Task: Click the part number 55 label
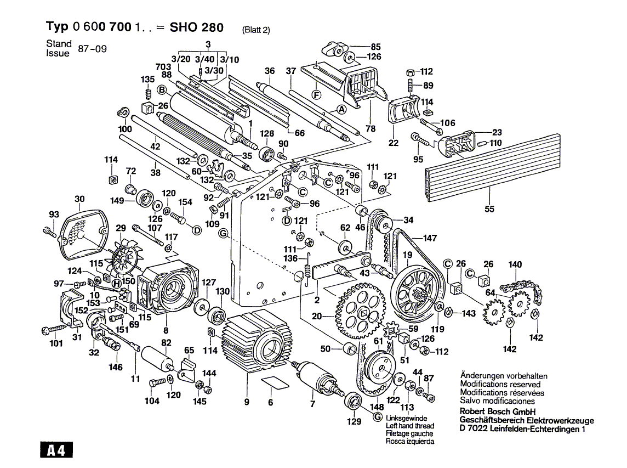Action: point(489,208)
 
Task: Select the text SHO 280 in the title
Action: point(196,27)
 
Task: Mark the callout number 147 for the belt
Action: point(430,238)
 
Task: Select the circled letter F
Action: point(316,94)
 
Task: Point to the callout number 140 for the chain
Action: point(515,264)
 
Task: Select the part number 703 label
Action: point(163,66)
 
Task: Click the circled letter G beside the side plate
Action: point(223,234)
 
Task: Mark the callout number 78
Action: point(371,128)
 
